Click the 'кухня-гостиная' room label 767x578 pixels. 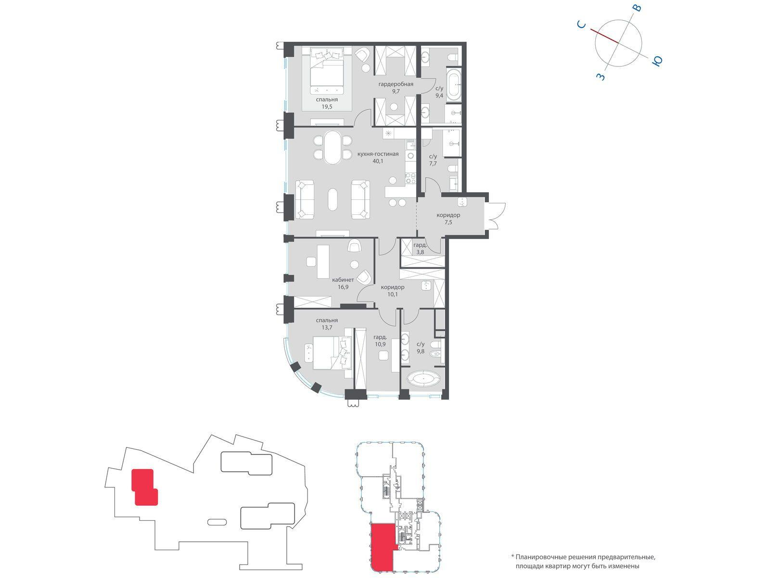378,154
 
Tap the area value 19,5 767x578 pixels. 327,106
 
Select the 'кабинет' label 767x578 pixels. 343,280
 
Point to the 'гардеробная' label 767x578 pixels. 396,84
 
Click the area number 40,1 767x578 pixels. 378,161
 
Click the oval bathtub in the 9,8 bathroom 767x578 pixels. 424,380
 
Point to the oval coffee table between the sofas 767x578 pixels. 333,200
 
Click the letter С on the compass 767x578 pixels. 581,24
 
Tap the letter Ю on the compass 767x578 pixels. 657,61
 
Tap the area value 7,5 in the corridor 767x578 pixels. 448,222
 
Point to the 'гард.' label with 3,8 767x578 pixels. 420,245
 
